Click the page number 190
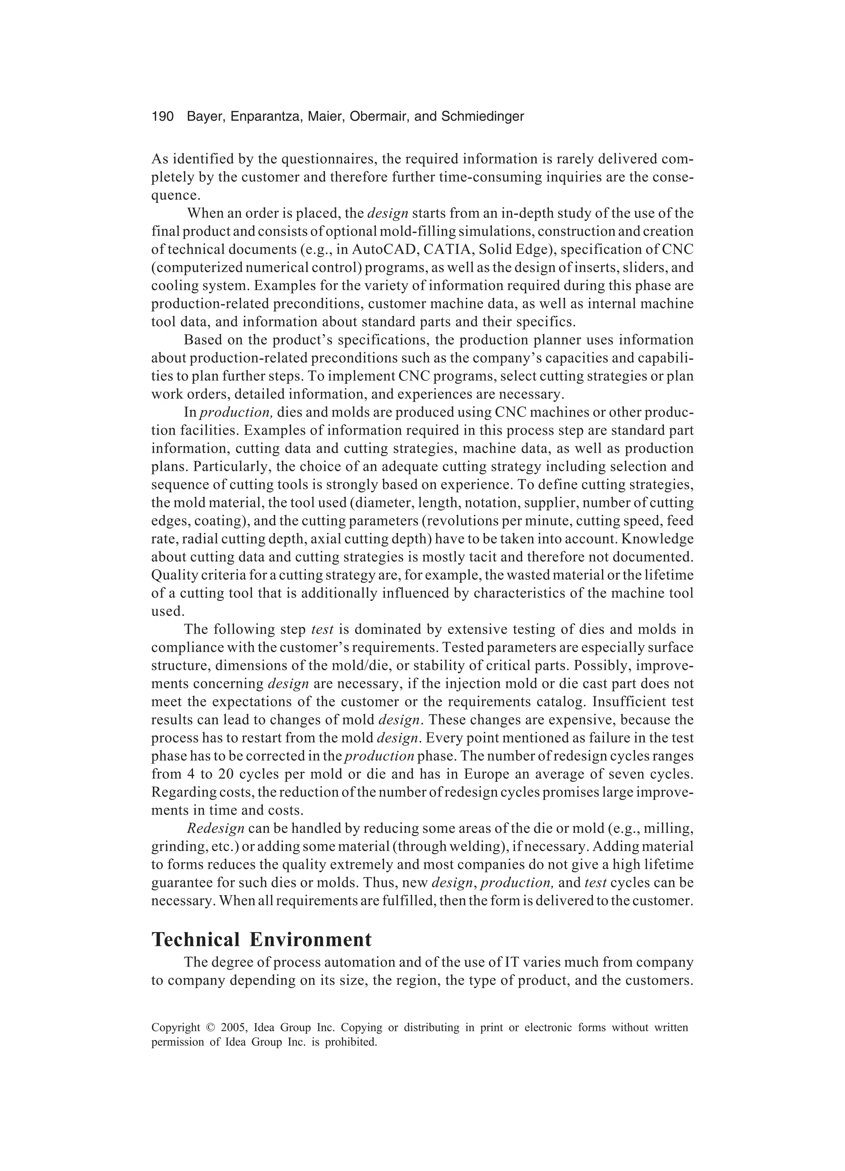pyautogui.click(x=162, y=117)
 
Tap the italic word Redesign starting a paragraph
pyautogui.click(x=215, y=829)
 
